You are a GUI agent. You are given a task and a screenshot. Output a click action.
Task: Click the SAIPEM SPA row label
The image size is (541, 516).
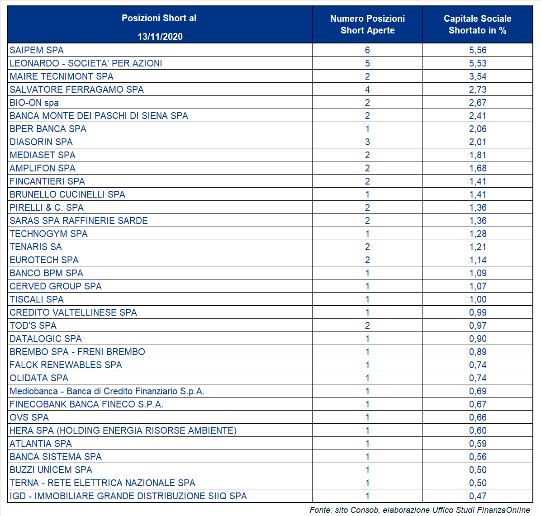37,50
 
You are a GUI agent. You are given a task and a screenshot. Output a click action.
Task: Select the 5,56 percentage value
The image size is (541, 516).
478,50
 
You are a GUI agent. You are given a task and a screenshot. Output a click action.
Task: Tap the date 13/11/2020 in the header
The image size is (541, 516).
160,37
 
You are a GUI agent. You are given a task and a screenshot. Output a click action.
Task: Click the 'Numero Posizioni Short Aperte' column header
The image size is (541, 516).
367,24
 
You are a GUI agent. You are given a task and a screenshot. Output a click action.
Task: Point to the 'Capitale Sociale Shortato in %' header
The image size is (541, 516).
478,24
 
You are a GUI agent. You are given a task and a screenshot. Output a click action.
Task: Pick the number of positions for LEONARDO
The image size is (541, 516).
367,63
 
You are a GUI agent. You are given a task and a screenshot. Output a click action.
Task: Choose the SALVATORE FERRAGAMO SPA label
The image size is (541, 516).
76,90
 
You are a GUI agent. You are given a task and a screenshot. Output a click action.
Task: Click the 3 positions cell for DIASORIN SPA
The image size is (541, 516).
367,142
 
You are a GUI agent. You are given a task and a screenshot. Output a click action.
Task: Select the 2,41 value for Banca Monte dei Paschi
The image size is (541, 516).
478,116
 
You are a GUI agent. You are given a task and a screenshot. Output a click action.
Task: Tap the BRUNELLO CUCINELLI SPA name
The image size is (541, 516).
67,194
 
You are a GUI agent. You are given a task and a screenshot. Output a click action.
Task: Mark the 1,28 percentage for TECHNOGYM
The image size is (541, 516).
478,233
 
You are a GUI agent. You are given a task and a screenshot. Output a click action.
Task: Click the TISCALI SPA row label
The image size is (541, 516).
37,299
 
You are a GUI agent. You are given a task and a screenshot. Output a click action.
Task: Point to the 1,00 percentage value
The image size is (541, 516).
478,299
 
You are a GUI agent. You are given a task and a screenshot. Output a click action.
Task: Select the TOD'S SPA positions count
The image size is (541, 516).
367,325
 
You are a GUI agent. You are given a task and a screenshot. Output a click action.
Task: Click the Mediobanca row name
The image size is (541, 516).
107,391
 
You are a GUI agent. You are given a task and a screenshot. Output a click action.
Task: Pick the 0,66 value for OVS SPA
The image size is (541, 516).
478,417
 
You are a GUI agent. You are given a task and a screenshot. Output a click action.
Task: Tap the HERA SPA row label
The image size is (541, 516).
123,431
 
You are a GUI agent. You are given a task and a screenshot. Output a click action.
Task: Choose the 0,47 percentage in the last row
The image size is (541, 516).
478,496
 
